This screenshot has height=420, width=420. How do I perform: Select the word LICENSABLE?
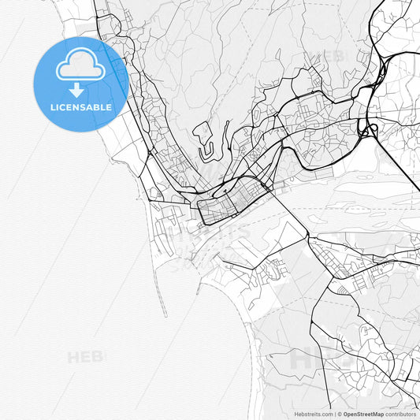(x=80, y=106)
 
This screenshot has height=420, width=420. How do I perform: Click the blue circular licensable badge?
(x=80, y=84)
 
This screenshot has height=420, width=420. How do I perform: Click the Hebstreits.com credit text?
(x=314, y=413)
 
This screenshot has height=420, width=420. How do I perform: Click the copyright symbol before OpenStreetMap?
(x=339, y=413)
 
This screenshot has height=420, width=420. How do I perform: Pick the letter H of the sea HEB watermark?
(x=73, y=358)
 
